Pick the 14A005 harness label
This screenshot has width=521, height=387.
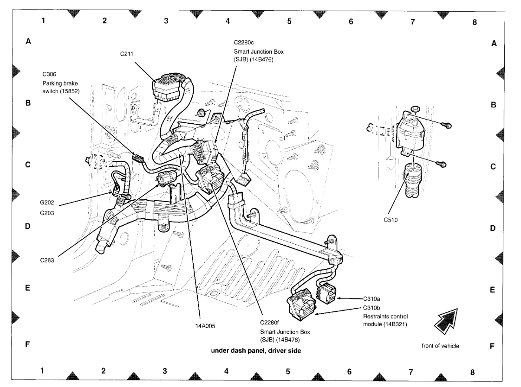pos(205,325)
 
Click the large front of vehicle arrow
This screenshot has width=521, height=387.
pos(445,319)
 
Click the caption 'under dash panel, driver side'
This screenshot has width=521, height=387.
pos(256,351)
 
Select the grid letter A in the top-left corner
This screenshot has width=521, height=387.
pos(28,42)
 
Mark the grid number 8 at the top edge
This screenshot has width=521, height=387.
pos(474,22)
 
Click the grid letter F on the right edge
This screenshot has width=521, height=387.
pos(492,346)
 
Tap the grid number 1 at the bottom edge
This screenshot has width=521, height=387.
pos(42,371)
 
